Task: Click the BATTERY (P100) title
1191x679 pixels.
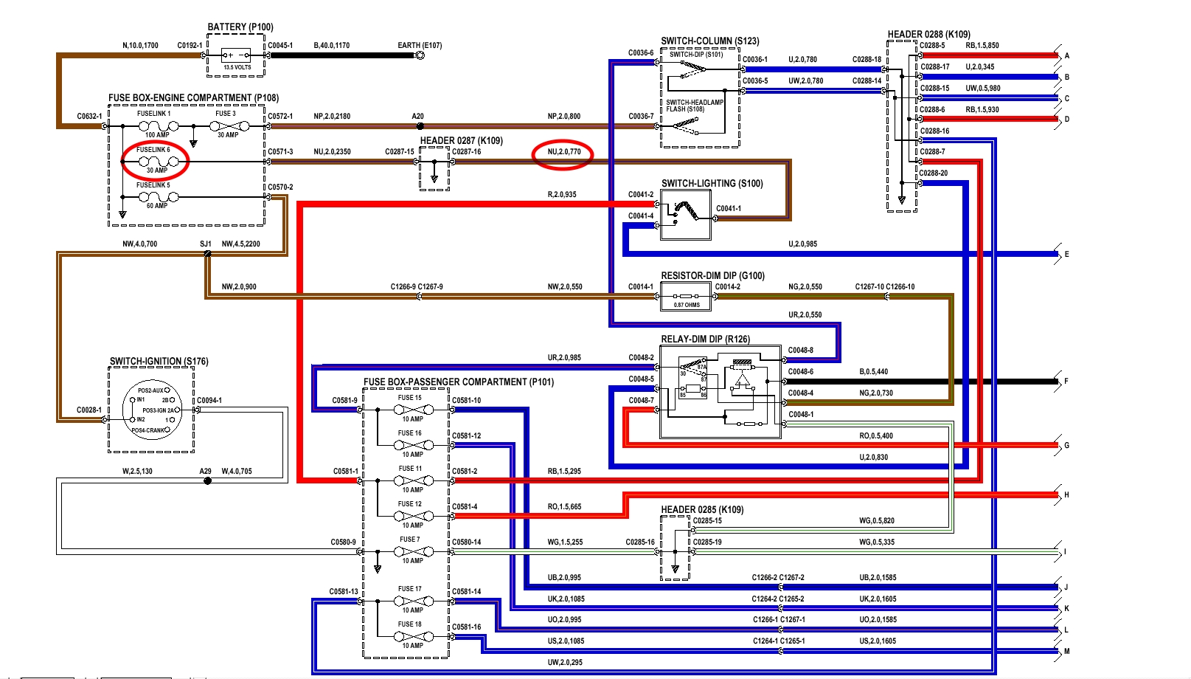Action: [240, 27]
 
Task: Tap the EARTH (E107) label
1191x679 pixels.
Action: [420, 45]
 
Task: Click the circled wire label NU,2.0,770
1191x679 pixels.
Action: [563, 152]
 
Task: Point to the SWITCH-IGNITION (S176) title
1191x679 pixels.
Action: [159, 362]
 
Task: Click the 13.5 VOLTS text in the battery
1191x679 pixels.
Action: [237, 67]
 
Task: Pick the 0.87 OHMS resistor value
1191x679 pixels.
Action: [687, 305]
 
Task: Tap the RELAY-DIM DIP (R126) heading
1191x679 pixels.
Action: [705, 339]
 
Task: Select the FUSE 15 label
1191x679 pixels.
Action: [410, 398]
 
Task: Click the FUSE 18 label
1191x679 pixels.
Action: [410, 624]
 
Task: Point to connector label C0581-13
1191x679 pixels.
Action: [344, 591]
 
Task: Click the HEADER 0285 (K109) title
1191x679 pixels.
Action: [702, 510]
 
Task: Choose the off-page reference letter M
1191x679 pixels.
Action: [1066, 652]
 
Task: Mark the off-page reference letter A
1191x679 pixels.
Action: [1066, 56]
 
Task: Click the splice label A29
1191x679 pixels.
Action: [205, 471]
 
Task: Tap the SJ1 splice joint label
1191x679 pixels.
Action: [205, 244]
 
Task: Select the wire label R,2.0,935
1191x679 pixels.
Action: [562, 195]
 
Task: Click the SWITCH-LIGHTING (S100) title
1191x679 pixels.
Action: [712, 184]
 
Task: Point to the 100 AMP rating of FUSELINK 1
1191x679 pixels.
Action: [157, 135]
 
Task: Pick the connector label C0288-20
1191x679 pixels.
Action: [934, 173]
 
